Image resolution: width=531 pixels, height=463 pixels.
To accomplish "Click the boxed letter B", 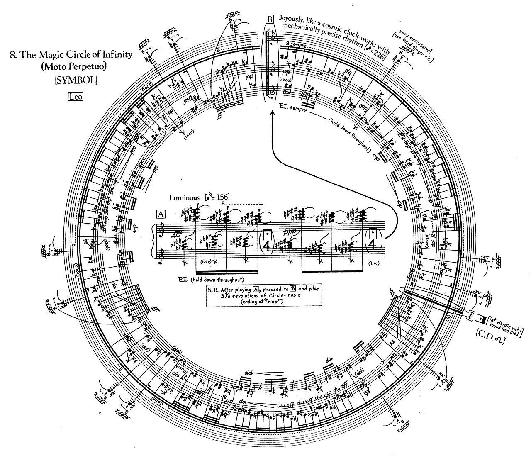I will point(270,19).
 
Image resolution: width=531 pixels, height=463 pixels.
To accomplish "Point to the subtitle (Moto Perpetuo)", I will point(76,67).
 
